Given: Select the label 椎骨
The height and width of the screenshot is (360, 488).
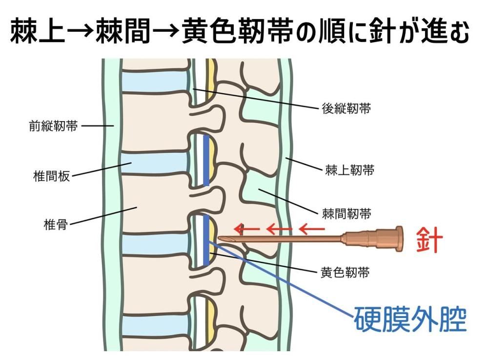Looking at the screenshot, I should tap(55, 225).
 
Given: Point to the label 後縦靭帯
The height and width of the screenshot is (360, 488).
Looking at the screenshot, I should tap(346, 108).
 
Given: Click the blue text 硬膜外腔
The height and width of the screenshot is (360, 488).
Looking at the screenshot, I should tap(409, 320).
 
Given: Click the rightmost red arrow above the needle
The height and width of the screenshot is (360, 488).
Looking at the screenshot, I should tap(311, 228).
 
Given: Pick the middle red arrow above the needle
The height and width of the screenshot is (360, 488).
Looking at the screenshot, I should tap(279, 228).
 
